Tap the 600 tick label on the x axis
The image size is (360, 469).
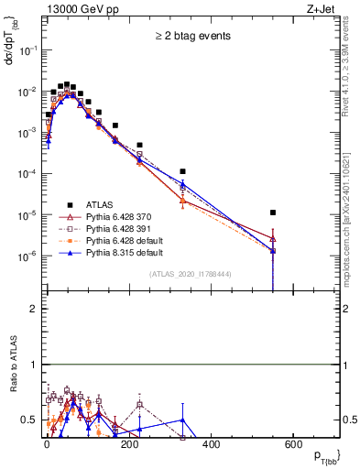tap(292, 444)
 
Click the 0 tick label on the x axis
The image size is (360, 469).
tap(47, 444)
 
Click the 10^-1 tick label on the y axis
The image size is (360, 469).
tap(28, 50)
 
